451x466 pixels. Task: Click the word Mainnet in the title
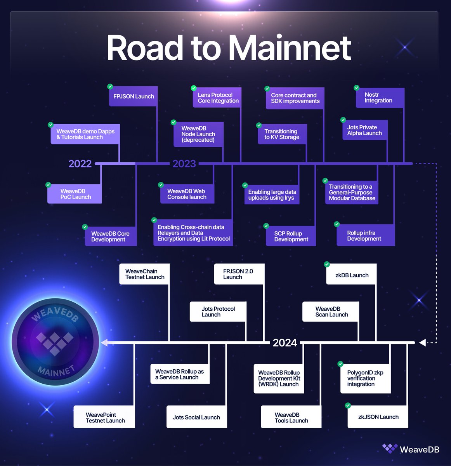pyautogui.click(x=289, y=48)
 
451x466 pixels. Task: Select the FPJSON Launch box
pyautogui.click(x=133, y=96)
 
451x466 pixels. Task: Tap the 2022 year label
pyautogui.click(x=80, y=163)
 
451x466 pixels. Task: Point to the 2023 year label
pyautogui.click(x=184, y=163)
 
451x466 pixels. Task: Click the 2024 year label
pyautogui.click(x=284, y=343)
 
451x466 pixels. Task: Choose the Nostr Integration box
pyautogui.click(x=380, y=98)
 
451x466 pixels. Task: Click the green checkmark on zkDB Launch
pyautogui.click(x=327, y=264)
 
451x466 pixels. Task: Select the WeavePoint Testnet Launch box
pyautogui.click(x=104, y=417)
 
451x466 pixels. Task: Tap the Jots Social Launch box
pyautogui.click(x=196, y=417)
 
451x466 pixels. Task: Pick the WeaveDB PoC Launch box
pyautogui.click(x=75, y=194)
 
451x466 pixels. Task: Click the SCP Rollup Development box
pyautogui.click(x=291, y=236)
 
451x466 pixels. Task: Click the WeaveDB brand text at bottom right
pyautogui.click(x=419, y=449)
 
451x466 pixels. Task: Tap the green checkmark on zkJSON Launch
pyautogui.click(x=348, y=405)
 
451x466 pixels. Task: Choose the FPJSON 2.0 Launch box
pyautogui.click(x=239, y=274)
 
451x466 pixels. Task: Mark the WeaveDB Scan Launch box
pyautogui.click(x=331, y=311)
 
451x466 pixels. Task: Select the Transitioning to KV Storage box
pyautogui.click(x=282, y=134)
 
